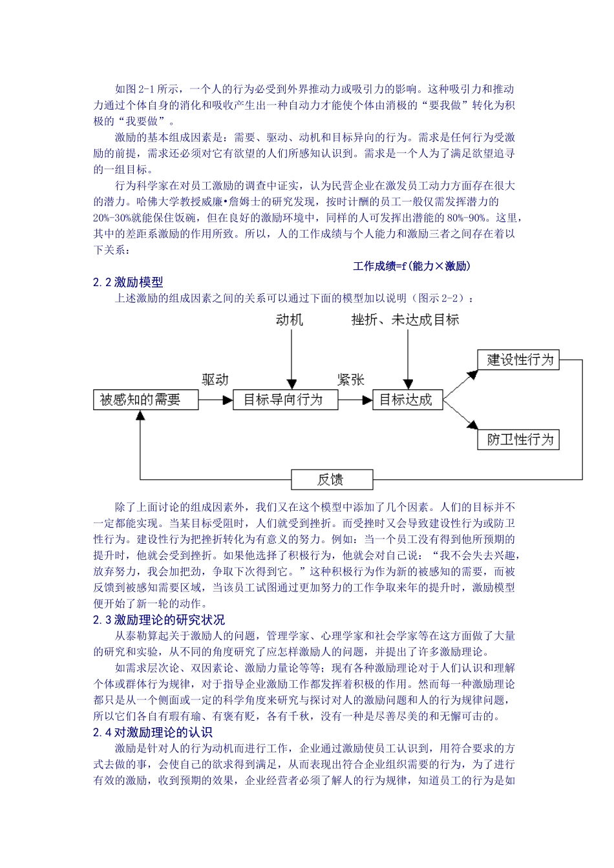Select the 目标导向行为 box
click(x=285, y=400)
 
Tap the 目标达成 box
click(x=407, y=400)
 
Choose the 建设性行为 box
click(x=518, y=360)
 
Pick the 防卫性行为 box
click(x=518, y=440)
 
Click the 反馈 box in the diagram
click(x=332, y=479)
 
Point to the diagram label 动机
click(x=289, y=320)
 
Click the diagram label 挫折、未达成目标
click(x=405, y=320)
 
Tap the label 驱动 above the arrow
click(x=215, y=380)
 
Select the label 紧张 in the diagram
click(x=350, y=380)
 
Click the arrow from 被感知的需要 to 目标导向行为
click(x=215, y=400)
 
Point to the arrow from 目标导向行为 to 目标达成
click(x=355, y=400)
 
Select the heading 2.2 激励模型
click(x=128, y=282)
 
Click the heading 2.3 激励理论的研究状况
click(x=159, y=620)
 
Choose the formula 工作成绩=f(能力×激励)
click(x=412, y=266)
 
